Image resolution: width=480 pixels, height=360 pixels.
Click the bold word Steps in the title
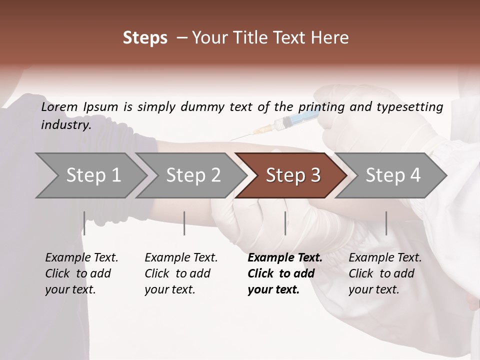click(145, 38)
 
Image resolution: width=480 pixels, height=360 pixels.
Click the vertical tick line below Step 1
click(84, 223)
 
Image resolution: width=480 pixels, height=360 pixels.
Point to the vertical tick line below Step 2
click(184, 223)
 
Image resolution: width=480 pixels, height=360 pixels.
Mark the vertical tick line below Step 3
click(285, 223)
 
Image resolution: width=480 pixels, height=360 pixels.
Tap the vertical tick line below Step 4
click(386, 223)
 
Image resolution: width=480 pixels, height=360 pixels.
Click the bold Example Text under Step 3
click(284, 273)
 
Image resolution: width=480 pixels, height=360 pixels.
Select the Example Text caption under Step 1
click(81, 273)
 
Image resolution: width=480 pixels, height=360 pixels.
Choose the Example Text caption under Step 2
click(181, 273)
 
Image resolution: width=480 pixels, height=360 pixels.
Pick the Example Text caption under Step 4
click(385, 273)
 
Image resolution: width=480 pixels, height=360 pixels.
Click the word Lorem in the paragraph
click(59, 106)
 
